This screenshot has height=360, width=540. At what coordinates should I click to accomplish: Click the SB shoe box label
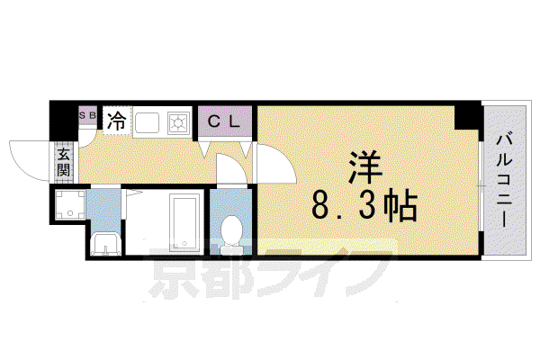point(87,116)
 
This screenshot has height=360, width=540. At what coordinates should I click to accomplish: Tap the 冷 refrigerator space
point(117,121)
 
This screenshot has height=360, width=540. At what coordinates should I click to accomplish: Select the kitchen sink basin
point(147,122)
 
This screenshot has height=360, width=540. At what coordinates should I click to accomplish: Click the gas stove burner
point(178,123)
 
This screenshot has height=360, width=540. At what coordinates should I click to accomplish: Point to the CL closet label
point(224,121)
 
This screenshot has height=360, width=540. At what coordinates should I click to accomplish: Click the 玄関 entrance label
point(64,162)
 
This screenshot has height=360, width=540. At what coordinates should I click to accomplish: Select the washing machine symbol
point(70,204)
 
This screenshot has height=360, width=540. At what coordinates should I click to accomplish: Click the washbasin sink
point(105,244)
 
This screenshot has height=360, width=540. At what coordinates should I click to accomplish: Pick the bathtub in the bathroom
point(184,223)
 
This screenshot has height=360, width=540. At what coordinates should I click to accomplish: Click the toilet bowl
point(230,229)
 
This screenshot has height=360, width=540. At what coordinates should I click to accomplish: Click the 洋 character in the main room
point(364,168)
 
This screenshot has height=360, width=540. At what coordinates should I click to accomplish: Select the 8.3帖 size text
point(364,205)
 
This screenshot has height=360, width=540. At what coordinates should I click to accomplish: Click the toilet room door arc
point(231,169)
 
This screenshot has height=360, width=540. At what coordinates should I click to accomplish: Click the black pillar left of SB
point(64,121)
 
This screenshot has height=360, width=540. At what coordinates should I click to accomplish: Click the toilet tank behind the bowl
point(231,248)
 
